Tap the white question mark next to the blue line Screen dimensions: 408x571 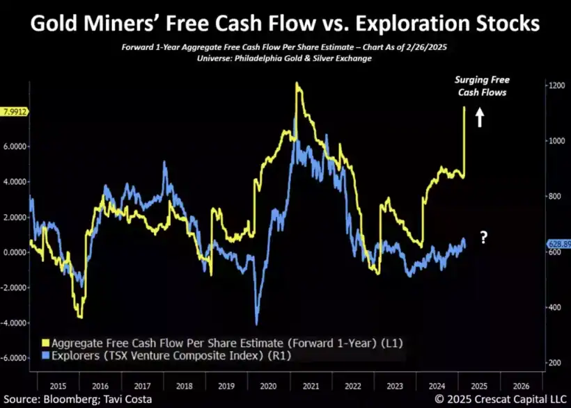[x=484, y=238]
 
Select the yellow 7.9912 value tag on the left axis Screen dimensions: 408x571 [x=15, y=111]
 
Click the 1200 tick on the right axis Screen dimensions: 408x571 [x=554, y=85]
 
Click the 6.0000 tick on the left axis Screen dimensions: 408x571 [x=15, y=147]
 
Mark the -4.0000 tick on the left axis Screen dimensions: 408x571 [x=14, y=323]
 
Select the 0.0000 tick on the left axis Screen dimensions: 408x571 [x=15, y=252]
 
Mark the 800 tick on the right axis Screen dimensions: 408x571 [x=553, y=196]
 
